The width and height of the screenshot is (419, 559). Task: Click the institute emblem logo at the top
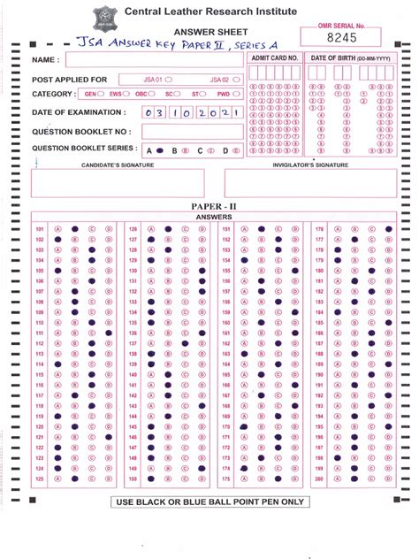coord(103,17)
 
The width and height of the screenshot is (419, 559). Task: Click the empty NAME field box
coord(153,59)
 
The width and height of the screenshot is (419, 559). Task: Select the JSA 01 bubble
coord(168,80)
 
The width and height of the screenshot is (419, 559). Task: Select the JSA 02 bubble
coord(236,80)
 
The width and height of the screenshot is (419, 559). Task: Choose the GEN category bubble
coord(102,93)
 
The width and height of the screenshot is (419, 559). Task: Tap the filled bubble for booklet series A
coord(162,150)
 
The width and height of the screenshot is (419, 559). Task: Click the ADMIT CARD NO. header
coord(274,57)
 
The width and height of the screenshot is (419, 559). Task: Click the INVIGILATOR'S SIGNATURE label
coord(309,165)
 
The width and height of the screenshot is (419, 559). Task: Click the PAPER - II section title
coord(209,206)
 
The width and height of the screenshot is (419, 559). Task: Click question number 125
coord(40,479)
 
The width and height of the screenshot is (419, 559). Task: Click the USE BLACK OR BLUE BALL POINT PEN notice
coord(209,502)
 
